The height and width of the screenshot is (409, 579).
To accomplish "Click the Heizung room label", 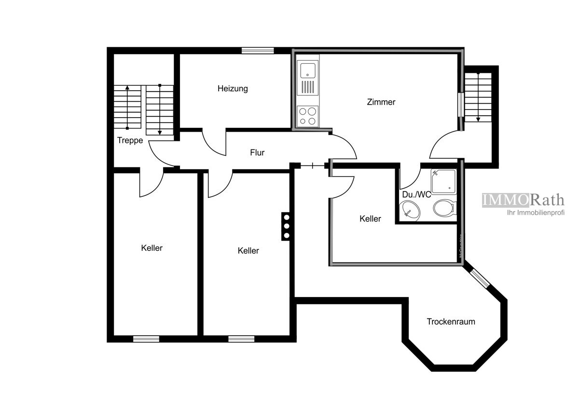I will tap(233, 89).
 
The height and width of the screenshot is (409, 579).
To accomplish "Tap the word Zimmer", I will tap(381, 102).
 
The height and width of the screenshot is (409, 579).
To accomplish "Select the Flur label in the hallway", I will tap(257, 153).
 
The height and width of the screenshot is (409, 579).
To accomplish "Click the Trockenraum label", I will tap(451, 322).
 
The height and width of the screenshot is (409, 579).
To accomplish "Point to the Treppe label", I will tap(130, 141).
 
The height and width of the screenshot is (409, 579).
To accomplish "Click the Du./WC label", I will tap(416, 195).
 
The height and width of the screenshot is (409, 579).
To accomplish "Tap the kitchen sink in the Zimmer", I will tap(308, 70).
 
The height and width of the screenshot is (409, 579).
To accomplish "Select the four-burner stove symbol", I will tap(308, 116).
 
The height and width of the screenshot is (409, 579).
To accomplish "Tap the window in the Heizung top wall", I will tap(258, 50).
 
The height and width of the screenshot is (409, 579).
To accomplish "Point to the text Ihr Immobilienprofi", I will tap(535, 213).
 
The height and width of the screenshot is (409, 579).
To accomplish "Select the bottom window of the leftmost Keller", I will tap(146, 339).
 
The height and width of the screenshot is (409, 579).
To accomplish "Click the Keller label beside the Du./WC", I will tap(370, 219).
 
